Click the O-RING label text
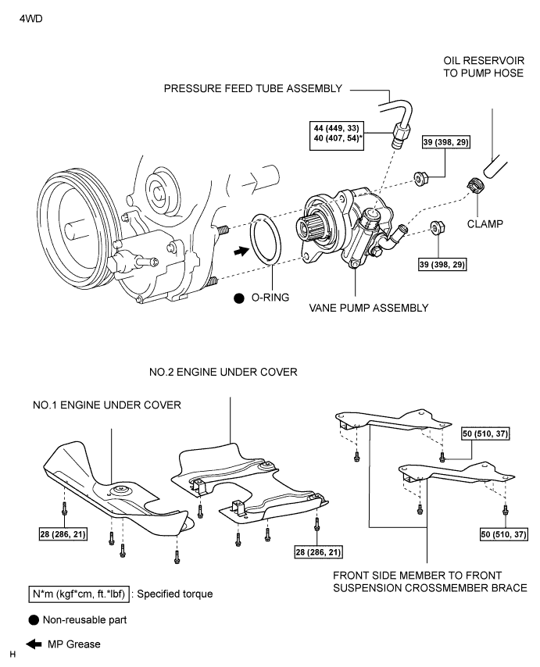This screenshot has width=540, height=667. tap(270, 298)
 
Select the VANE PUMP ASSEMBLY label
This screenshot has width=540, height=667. tap(369, 308)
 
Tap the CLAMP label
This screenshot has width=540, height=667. tap(485, 223)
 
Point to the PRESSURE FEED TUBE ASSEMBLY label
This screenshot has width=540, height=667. tap(253, 88)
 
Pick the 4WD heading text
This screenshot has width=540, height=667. tap(31, 19)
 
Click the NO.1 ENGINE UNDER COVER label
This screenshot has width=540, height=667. tap(107, 405)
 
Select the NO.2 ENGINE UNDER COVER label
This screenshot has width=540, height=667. tap(223, 373)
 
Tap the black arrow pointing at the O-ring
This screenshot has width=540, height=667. tap(241, 251)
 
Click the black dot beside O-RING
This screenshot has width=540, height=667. tap(239, 298)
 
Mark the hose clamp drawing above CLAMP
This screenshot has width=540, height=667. tap(475, 185)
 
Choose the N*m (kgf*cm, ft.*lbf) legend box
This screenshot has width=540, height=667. tap(79, 594)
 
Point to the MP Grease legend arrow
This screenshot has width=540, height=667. tap(34, 644)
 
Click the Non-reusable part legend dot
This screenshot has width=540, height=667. tap(34, 620)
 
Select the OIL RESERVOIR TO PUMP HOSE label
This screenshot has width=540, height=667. tap(484, 67)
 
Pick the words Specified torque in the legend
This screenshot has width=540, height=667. tap(175, 594)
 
